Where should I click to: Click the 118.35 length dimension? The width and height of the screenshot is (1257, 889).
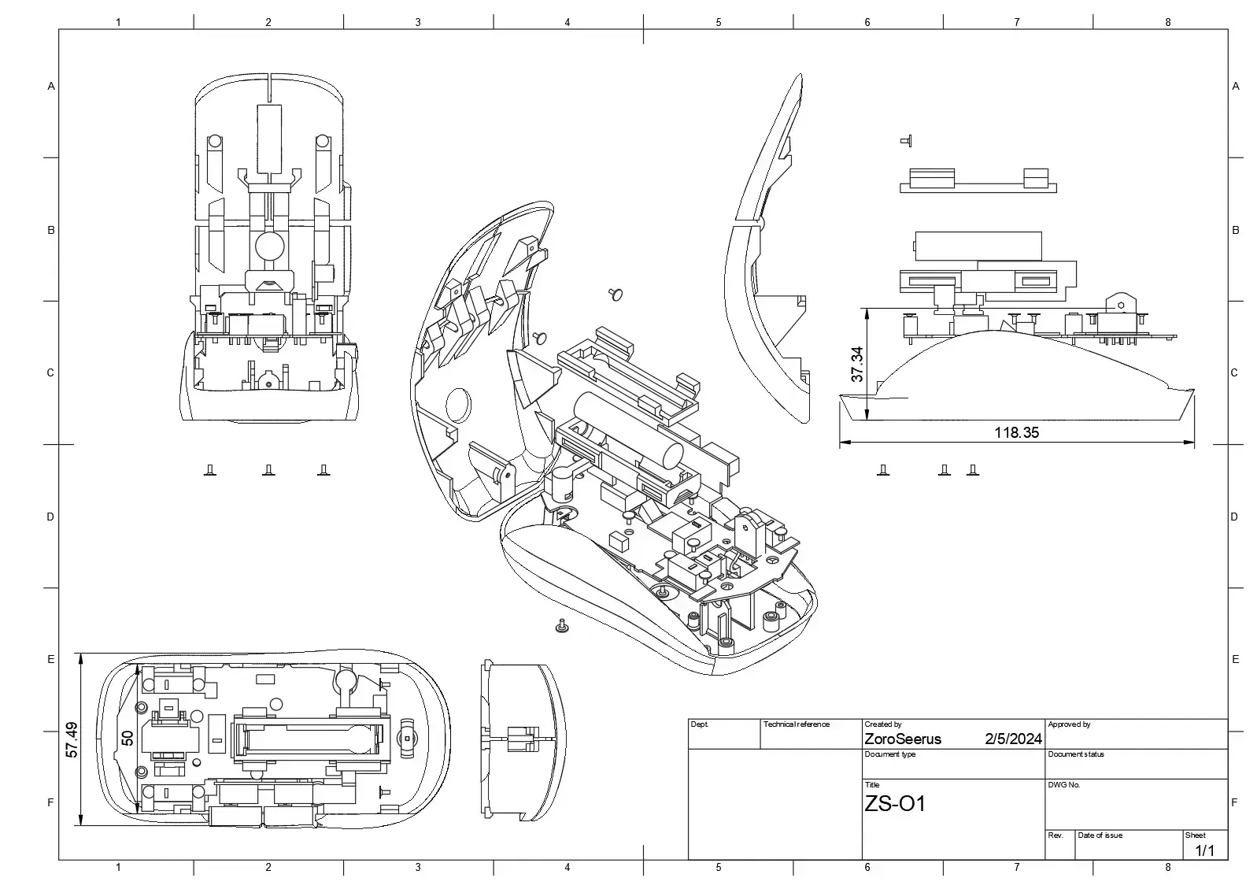pyautogui.click(x=1016, y=432)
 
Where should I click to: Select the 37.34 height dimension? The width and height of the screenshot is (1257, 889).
pyautogui.click(x=857, y=365)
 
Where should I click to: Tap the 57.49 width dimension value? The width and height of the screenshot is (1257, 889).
pyautogui.click(x=72, y=739)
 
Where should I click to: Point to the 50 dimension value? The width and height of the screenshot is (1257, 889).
pyautogui.click(x=128, y=739)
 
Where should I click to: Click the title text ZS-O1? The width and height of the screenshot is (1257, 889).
pyautogui.click(x=895, y=804)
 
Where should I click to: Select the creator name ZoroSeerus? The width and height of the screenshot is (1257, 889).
pyautogui.click(x=902, y=739)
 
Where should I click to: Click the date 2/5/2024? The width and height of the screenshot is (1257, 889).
pyautogui.click(x=1013, y=739)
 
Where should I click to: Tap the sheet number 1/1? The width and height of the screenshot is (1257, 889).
pyautogui.click(x=1204, y=850)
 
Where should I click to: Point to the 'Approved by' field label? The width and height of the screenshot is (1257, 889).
pyautogui.click(x=1069, y=724)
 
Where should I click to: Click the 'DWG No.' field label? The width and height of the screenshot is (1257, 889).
pyautogui.click(x=1063, y=785)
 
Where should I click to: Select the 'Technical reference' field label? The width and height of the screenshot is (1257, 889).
pyautogui.click(x=796, y=724)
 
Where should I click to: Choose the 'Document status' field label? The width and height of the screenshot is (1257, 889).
pyautogui.click(x=1076, y=754)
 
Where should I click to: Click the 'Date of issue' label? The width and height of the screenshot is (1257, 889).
pyautogui.click(x=1100, y=835)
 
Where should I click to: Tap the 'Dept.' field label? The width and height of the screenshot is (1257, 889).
pyautogui.click(x=700, y=724)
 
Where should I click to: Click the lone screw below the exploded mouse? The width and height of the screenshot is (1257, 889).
pyautogui.click(x=561, y=626)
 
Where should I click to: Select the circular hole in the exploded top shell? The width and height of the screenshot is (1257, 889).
pyautogui.click(x=458, y=406)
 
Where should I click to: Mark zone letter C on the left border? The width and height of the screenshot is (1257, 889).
pyautogui.click(x=50, y=372)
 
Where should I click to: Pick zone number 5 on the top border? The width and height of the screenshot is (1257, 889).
pyautogui.click(x=718, y=22)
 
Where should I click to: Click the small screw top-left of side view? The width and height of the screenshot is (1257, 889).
pyautogui.click(x=905, y=141)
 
